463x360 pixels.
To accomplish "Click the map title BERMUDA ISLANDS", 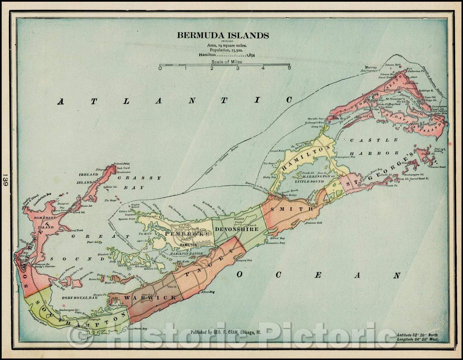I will pyautogui.click(x=223, y=35).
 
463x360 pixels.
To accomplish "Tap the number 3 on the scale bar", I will pyautogui.click(x=238, y=68).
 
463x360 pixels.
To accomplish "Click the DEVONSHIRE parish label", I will pyautogui.click(x=236, y=229).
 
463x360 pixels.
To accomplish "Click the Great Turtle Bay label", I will pyautogui.click(x=136, y=329).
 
